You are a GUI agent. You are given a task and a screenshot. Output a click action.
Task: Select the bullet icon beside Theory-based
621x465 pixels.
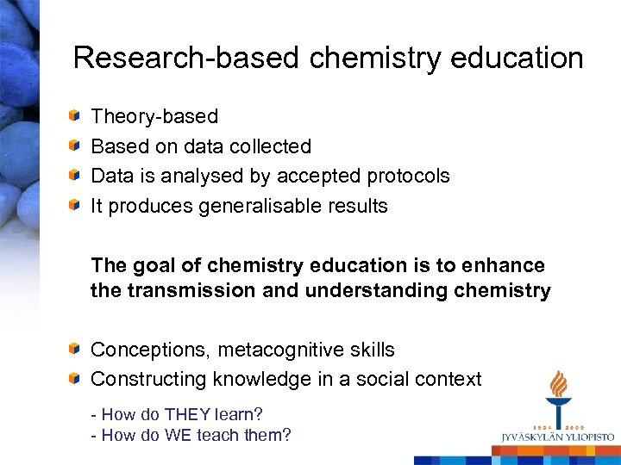tap(77, 116)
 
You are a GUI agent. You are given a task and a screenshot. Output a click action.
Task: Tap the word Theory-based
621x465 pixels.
tap(154, 116)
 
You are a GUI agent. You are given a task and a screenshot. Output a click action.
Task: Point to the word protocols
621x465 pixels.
tap(409, 177)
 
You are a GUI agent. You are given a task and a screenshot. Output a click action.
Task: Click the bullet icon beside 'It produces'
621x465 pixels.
tap(77, 206)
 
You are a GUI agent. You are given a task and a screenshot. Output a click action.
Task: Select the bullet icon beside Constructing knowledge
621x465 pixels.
tap(77, 379)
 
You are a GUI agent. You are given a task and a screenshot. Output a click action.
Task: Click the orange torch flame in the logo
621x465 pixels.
tap(559, 384)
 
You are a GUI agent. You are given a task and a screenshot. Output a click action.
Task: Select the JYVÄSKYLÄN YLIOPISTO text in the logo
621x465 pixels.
tap(557, 437)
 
